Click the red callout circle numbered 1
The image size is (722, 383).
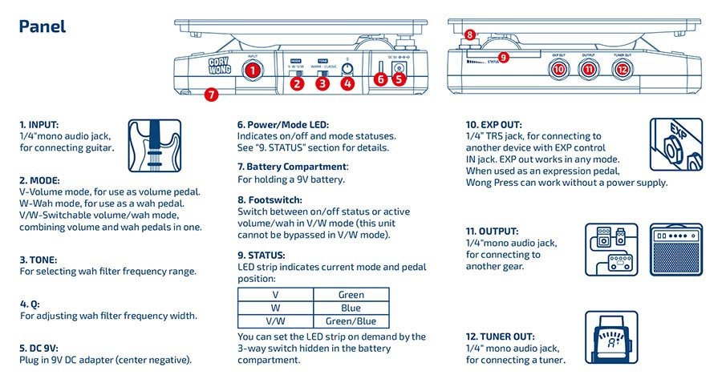pos(254,71)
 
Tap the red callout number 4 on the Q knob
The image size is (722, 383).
pos(347,82)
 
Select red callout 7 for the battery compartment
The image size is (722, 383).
pos(211,95)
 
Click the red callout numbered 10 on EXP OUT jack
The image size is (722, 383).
pos(559,70)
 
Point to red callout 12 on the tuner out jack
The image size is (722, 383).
pos(622,70)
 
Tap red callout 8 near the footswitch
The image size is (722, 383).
pos(470,35)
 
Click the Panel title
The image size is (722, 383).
pos(42,26)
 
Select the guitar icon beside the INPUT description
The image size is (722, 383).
pos(152,145)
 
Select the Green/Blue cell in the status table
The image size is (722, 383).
pos(351,321)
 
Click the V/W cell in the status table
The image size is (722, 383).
pos(275,321)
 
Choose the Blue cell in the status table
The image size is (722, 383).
pos(351,308)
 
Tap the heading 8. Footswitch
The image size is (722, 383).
pos(270,200)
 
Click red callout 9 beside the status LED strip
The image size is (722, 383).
pos(504,57)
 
